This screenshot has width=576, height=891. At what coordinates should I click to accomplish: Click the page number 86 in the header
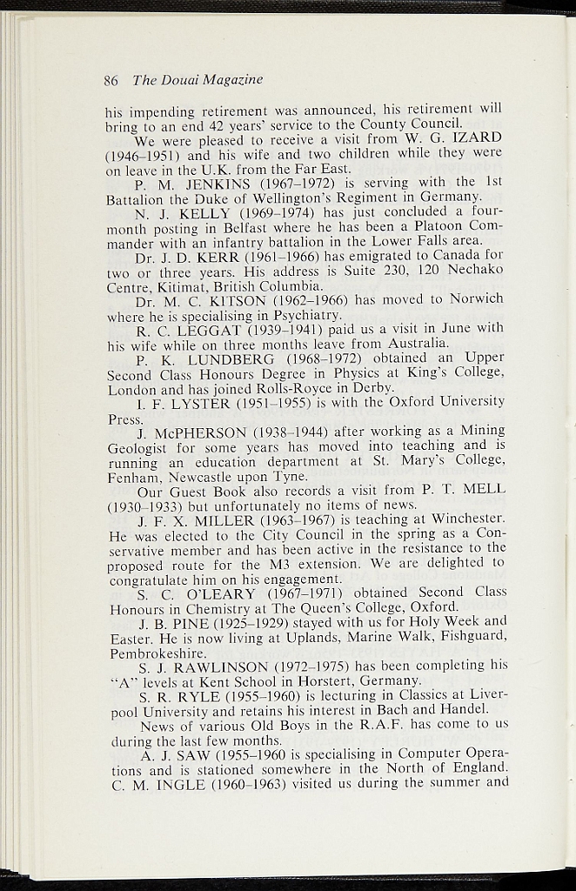pos(111,81)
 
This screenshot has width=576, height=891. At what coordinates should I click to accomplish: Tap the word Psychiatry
pos(285,315)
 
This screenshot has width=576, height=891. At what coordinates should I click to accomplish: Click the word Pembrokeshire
pos(156,652)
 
